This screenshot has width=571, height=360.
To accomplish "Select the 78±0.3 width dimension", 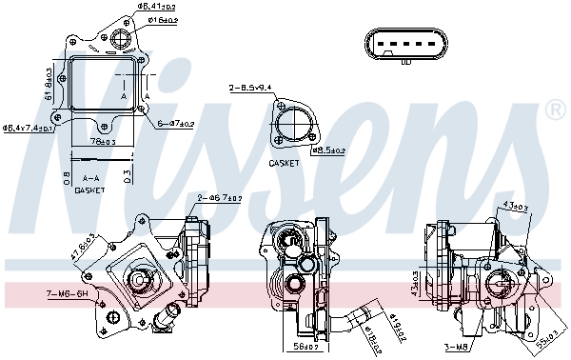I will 103,142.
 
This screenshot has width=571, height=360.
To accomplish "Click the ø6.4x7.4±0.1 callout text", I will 29,127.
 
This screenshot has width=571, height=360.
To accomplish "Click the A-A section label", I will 90,178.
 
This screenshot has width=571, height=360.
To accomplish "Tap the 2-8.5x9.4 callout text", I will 250,88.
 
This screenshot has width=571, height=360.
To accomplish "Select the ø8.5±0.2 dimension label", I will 329,150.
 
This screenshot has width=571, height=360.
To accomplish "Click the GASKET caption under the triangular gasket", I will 284,163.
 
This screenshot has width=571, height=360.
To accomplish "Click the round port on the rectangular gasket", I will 121,40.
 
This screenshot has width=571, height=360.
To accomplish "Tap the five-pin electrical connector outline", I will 406,47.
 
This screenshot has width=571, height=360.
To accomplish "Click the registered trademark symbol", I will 555,111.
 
